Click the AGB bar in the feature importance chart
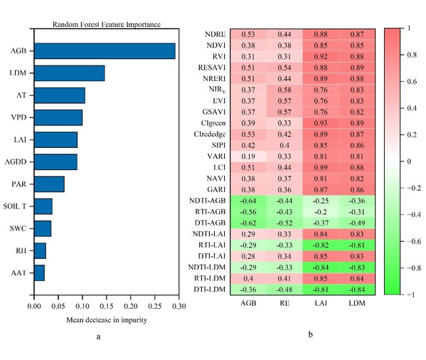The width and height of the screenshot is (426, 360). pyautogui.click(x=105, y=51)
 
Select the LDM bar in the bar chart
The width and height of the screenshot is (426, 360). pyautogui.click(x=70, y=73)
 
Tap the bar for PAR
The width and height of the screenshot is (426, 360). pyautogui.click(x=50, y=184)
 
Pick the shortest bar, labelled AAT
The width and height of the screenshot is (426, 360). pyautogui.click(x=40, y=272)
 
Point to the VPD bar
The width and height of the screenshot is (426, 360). pyautogui.click(x=58, y=117)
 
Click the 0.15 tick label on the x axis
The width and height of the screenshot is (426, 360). pyautogui.click(x=107, y=307)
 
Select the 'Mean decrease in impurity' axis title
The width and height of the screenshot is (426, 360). pyautogui.click(x=107, y=320)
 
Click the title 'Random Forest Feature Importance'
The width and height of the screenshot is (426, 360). pyautogui.click(x=107, y=24)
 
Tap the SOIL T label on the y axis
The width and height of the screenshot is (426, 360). pyautogui.click(x=15, y=206)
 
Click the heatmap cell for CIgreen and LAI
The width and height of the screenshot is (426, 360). pyautogui.click(x=321, y=123)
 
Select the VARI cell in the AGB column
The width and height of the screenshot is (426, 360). pyautogui.click(x=248, y=157)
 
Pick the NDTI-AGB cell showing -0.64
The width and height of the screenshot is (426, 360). pyautogui.click(x=248, y=201)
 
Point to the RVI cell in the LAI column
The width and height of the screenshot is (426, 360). pyautogui.click(x=321, y=56)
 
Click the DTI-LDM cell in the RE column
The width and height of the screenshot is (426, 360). pyautogui.click(x=284, y=290)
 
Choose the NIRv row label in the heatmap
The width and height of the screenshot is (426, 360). pyautogui.click(x=218, y=90)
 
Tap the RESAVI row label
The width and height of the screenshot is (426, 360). pyautogui.click(x=212, y=68)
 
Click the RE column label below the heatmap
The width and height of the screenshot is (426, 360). pyautogui.click(x=284, y=303)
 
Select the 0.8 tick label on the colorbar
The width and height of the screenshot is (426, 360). pyautogui.click(x=412, y=55)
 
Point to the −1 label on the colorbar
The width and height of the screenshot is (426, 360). pyautogui.click(x=411, y=295)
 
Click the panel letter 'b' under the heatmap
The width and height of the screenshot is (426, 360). pyautogui.click(x=311, y=334)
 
